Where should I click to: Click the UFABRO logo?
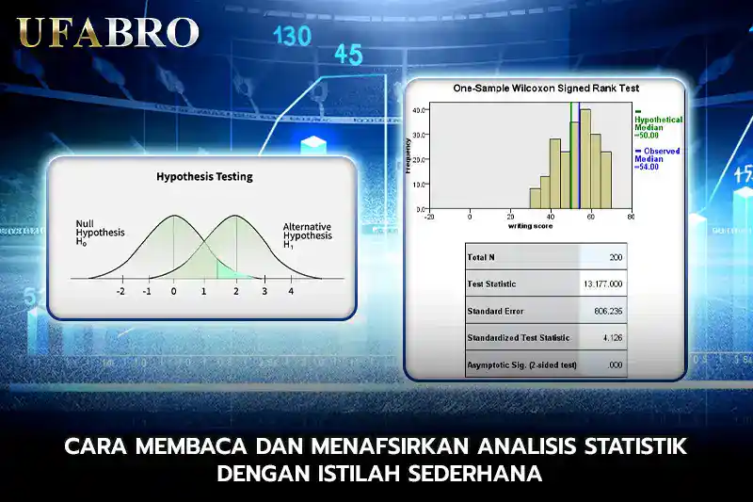(108, 32)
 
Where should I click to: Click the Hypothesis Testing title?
(204, 176)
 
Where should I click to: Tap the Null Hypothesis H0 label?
(100, 232)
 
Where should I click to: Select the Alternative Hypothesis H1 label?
(308, 235)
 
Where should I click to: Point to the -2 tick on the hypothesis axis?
(120, 292)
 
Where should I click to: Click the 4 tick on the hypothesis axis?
(291, 292)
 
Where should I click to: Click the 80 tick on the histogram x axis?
(631, 217)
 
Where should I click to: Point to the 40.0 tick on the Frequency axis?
(419, 110)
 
